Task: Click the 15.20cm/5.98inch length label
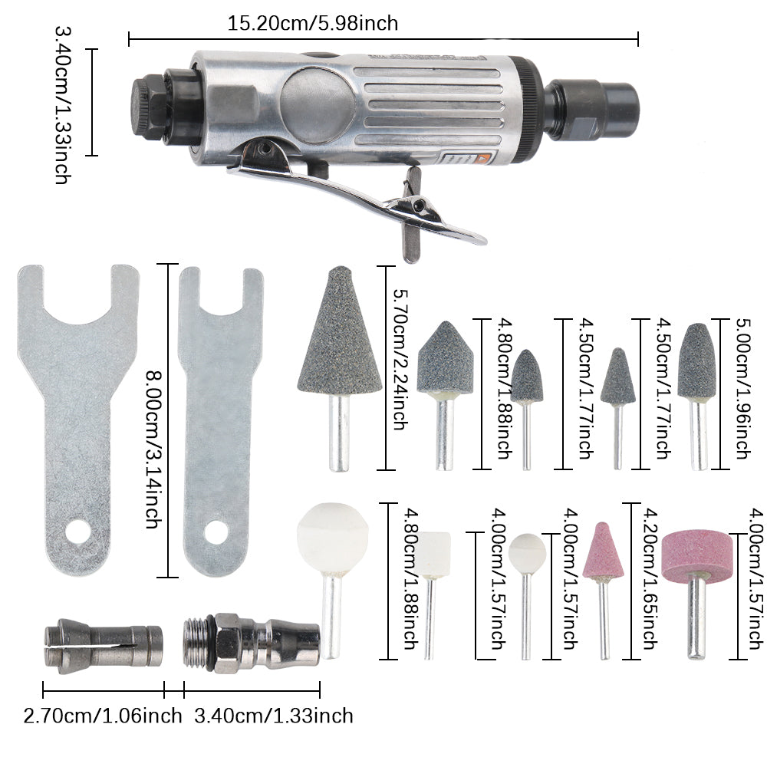click(x=313, y=24)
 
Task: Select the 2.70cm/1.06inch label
click(x=103, y=716)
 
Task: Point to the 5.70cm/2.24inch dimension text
click(x=400, y=360)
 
